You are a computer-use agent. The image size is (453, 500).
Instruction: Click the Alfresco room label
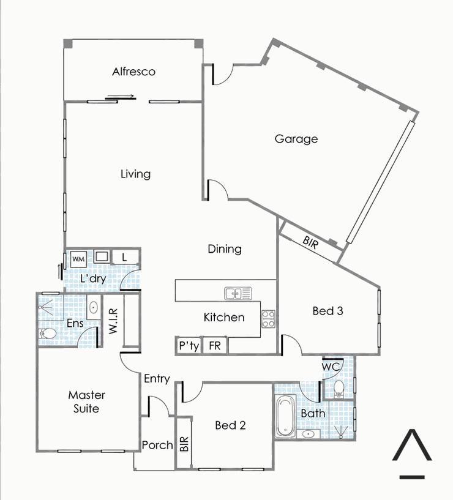[x=133, y=72]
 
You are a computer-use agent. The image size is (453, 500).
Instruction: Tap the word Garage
[x=296, y=139]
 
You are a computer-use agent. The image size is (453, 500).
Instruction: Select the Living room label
[x=135, y=174]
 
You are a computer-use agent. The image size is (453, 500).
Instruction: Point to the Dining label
[x=225, y=248]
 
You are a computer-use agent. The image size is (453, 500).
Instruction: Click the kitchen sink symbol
[x=238, y=293]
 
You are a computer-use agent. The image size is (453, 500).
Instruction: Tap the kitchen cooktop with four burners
[x=268, y=319]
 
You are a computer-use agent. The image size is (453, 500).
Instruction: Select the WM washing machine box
[x=78, y=259]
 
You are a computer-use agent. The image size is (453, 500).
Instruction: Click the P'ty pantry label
[x=189, y=346]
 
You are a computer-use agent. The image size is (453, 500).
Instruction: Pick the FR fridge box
[x=215, y=345]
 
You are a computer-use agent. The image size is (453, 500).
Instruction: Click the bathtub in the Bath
[x=285, y=416]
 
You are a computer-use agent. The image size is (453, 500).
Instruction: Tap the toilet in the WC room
[x=338, y=389]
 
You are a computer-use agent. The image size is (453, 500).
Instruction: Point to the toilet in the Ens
[x=47, y=334]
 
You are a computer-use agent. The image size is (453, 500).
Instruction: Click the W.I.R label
[x=113, y=321]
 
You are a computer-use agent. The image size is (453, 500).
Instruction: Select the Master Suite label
[x=86, y=402]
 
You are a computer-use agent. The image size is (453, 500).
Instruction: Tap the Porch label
[x=157, y=445]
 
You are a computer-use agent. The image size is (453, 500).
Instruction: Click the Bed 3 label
[x=328, y=310]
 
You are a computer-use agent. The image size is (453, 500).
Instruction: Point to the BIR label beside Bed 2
[x=184, y=444]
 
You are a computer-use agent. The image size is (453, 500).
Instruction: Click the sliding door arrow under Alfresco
[x=120, y=97]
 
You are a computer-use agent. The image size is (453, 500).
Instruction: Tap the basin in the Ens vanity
[x=94, y=308]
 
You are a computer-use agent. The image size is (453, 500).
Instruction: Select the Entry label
[x=157, y=378]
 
